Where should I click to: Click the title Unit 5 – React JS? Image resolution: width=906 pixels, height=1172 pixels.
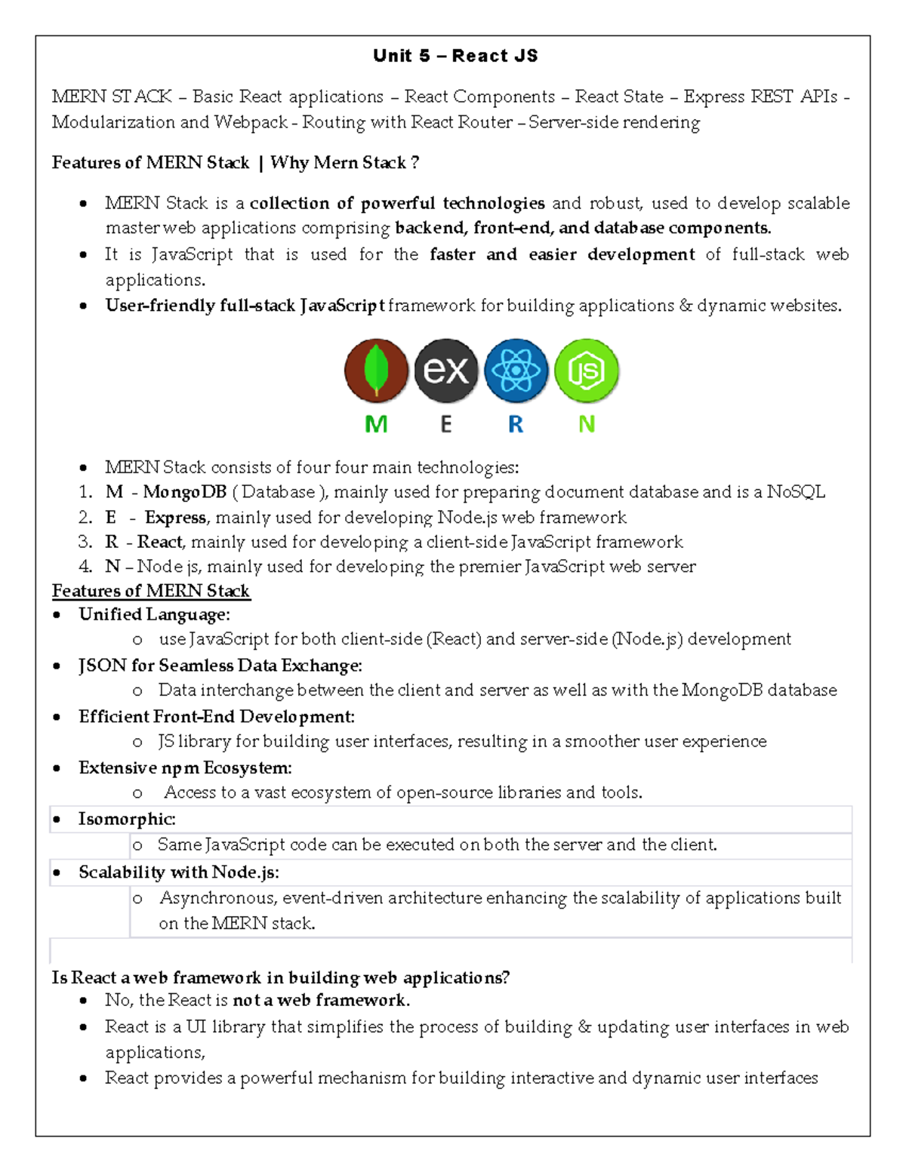[x=455, y=56]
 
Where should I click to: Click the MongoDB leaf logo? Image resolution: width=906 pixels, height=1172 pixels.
[x=376, y=371]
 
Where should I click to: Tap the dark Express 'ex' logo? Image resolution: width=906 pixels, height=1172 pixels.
[x=446, y=371]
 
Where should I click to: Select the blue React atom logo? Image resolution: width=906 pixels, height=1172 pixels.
[x=516, y=371]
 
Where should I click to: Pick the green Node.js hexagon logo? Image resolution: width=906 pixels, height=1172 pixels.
[x=586, y=371]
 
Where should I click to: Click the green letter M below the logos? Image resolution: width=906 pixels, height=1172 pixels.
[x=376, y=424]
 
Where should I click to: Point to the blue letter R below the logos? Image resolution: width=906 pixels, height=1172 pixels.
[x=516, y=424]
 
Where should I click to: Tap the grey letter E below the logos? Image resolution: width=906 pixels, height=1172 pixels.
[x=446, y=424]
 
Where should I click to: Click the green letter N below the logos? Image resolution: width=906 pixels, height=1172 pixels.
[x=586, y=424]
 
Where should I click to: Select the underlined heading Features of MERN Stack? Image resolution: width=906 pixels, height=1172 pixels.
[x=151, y=591]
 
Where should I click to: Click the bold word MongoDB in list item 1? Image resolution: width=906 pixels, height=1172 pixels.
[x=185, y=492]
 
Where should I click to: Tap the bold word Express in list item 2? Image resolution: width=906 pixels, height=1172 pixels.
[x=175, y=518]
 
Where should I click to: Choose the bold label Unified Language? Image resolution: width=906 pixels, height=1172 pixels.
[x=154, y=614]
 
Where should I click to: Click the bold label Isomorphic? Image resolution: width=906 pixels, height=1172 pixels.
[x=127, y=820]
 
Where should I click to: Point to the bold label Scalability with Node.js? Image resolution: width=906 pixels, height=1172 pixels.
[x=179, y=872]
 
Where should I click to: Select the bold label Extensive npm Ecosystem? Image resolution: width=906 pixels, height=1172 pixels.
[x=185, y=768]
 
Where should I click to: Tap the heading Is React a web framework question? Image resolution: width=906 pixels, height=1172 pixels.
[x=280, y=978]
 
